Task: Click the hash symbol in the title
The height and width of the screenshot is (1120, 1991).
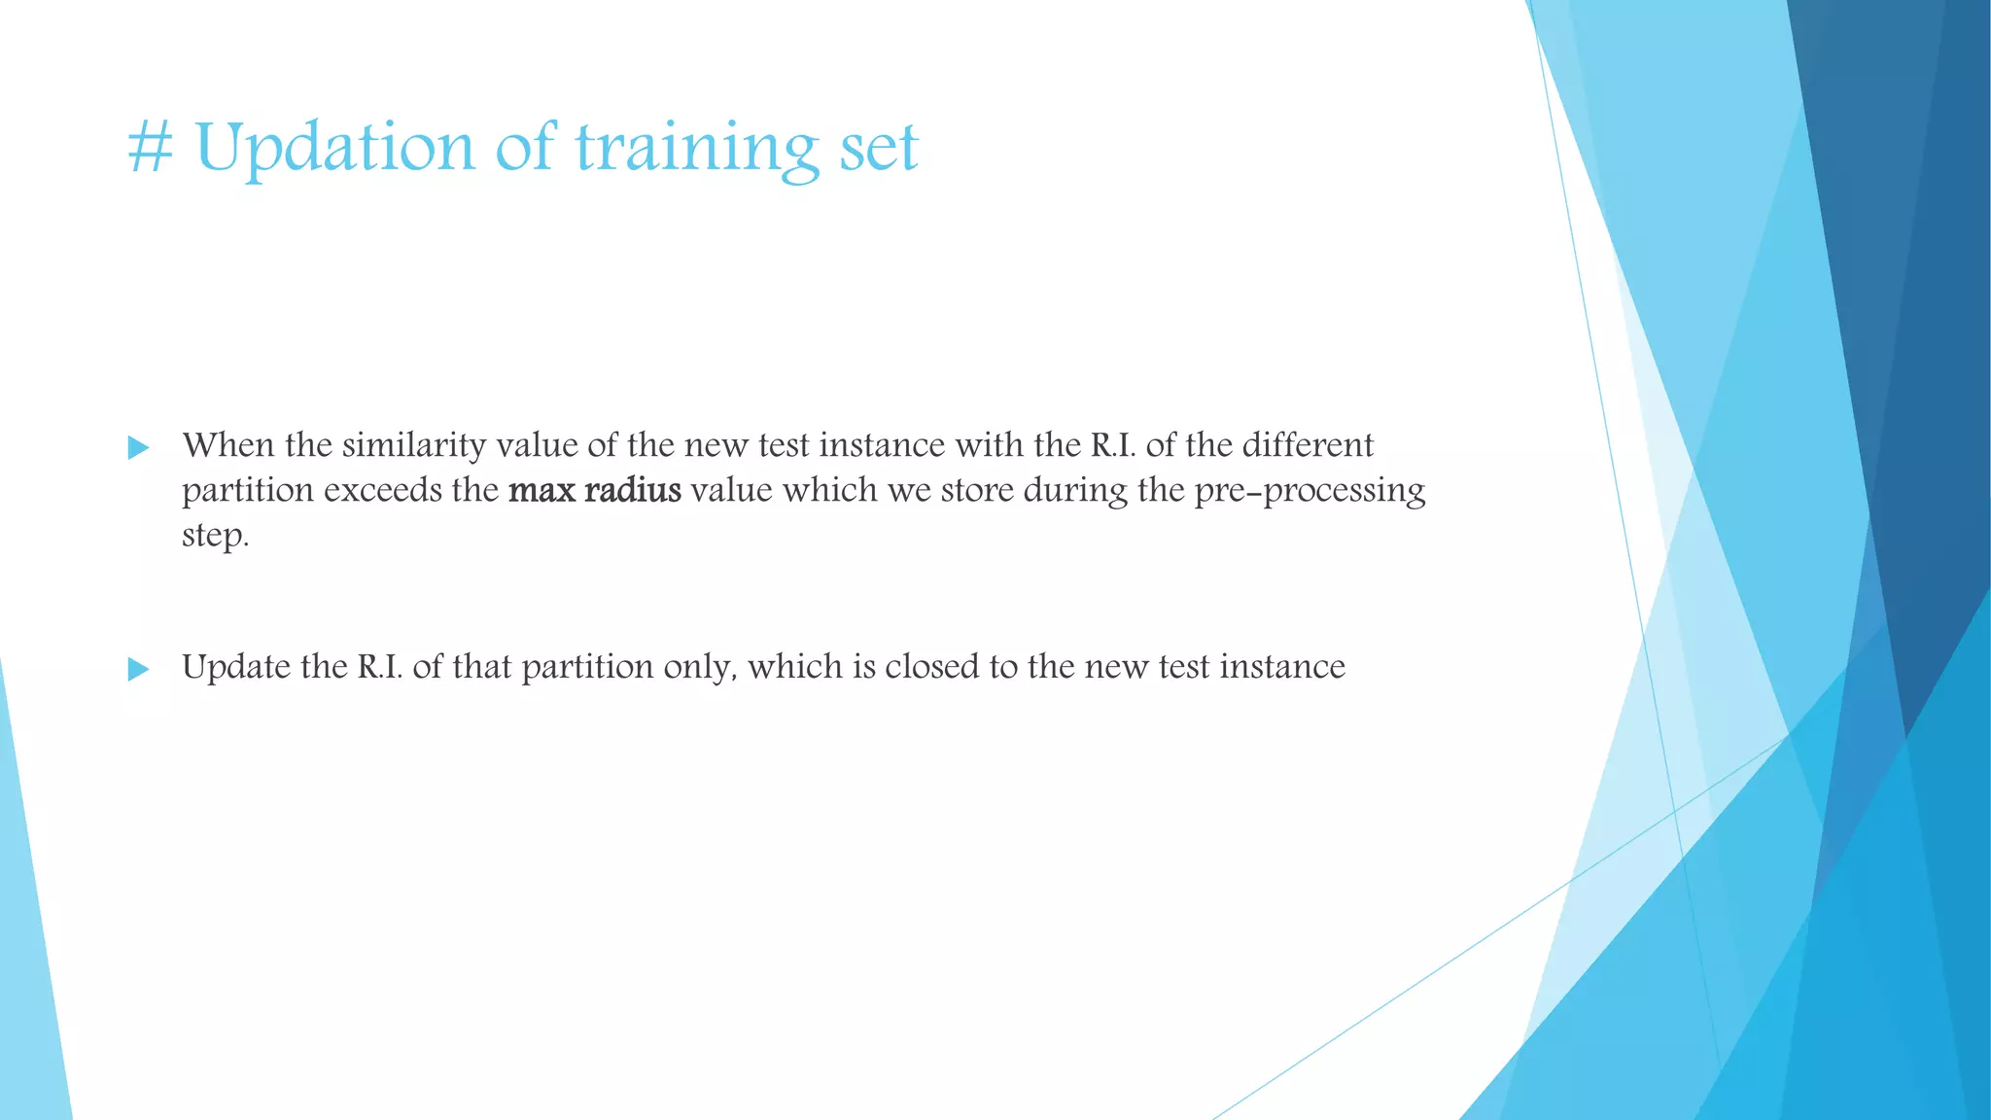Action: click(x=151, y=148)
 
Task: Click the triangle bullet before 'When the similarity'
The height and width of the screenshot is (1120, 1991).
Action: click(x=139, y=448)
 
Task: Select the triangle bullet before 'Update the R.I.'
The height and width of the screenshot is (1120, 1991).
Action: click(x=139, y=669)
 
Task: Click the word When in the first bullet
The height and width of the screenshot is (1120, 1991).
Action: click(x=228, y=445)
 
